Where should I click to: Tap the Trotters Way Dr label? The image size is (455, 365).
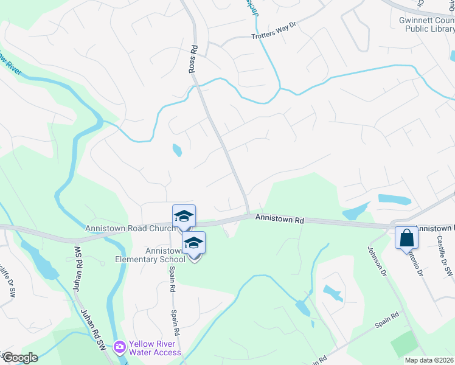coord(273,36)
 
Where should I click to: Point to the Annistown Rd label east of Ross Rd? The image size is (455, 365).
coord(279,218)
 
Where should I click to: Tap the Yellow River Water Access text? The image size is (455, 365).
coord(155,348)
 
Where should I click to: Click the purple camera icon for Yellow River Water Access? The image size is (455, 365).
coord(119,347)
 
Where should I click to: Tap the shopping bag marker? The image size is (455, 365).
coord(406,238)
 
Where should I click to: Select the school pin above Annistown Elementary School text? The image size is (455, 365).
coord(193,243)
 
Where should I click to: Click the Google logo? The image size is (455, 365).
coord(20,358)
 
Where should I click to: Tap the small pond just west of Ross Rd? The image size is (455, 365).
coord(176,149)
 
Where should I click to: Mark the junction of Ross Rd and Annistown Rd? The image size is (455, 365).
coord(248,215)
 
